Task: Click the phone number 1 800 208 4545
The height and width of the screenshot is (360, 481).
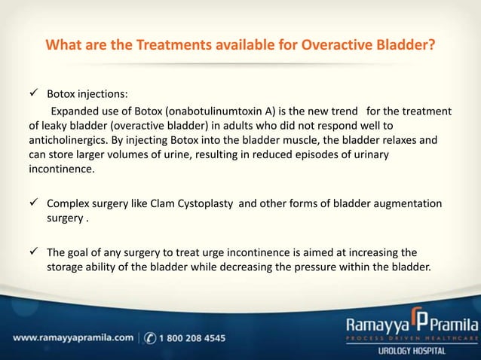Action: coord(191,338)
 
